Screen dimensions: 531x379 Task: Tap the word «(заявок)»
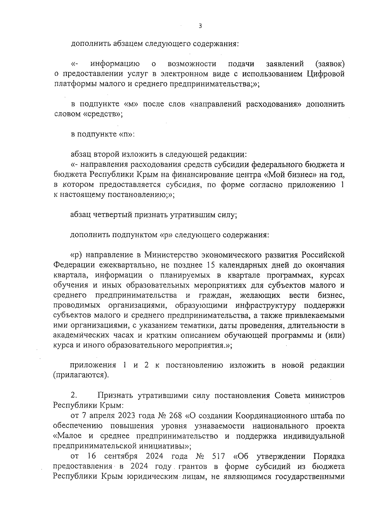point(330,64)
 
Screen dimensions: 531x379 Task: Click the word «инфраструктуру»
point(266,306)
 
